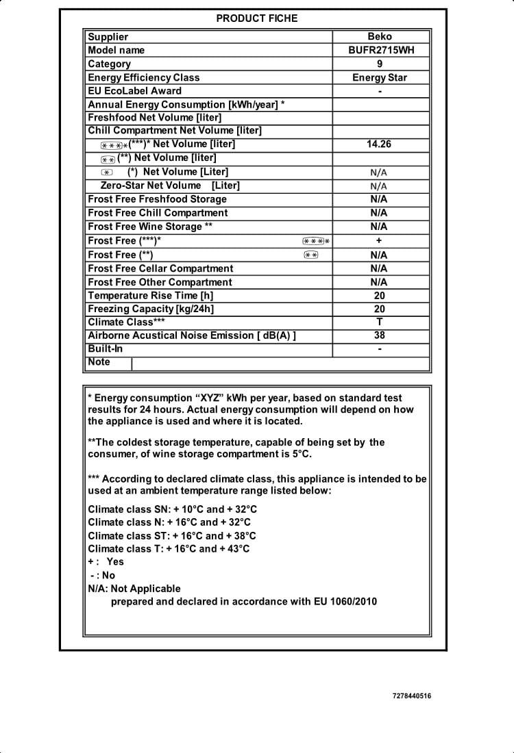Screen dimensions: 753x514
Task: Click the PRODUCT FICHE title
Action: click(x=257, y=18)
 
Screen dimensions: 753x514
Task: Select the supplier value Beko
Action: click(x=380, y=37)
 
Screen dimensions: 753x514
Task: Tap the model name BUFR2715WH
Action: click(x=380, y=50)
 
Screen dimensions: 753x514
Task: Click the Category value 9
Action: click(x=380, y=64)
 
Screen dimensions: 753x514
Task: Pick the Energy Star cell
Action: click(x=380, y=77)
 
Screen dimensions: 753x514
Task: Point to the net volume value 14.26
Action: click(x=379, y=144)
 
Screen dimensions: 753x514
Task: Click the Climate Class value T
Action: click(x=380, y=322)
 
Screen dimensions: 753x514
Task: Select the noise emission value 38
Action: click(x=380, y=335)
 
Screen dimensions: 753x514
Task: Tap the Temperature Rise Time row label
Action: click(x=151, y=296)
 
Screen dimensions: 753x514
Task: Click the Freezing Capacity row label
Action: click(x=151, y=309)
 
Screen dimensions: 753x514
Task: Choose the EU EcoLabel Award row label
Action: click(x=135, y=91)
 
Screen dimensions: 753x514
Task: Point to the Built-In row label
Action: click(x=106, y=348)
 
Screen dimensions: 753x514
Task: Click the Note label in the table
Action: click(x=99, y=362)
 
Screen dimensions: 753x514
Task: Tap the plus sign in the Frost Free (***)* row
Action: click(x=379, y=240)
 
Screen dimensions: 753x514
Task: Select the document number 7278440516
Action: click(x=412, y=696)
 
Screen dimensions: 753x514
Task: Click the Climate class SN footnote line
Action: click(x=173, y=509)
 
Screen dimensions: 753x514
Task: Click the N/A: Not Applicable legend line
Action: click(x=134, y=589)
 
